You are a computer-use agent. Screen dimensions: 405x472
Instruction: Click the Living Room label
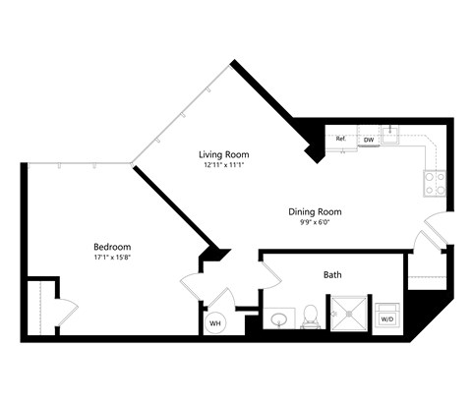tap(224, 154)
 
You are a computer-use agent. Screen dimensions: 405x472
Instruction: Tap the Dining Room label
tap(315, 211)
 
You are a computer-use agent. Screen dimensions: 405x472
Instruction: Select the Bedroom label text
tap(112, 247)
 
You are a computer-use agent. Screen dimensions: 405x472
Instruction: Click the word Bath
tap(332, 276)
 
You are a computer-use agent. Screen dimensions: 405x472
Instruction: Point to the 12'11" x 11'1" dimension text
tap(224, 166)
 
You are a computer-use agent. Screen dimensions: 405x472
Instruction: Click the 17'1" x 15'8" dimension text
tap(112, 259)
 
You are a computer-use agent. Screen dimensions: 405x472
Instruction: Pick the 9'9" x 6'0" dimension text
tap(315, 223)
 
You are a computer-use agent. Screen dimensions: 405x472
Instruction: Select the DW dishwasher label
tap(369, 140)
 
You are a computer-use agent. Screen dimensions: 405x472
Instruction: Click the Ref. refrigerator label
tap(341, 140)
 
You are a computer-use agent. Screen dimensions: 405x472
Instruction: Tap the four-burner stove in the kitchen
tap(434, 182)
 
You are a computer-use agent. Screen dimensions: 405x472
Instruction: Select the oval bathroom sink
tap(279, 318)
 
